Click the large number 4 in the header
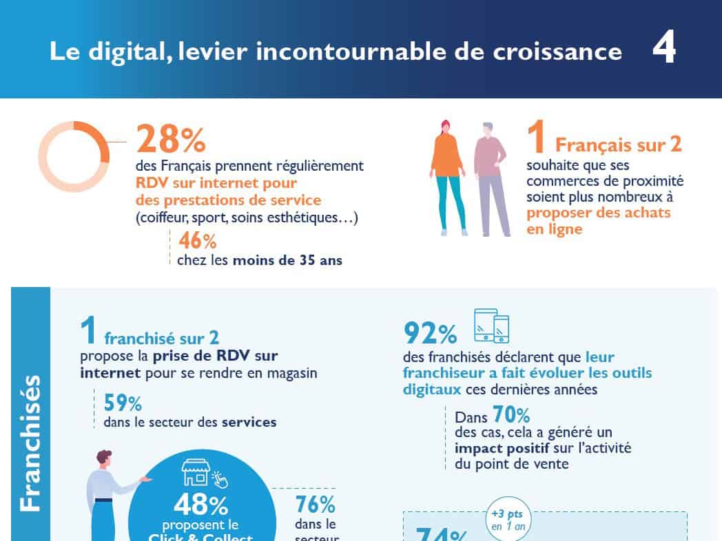tap(663, 51)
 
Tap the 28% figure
tap(171, 139)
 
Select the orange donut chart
tap(73, 157)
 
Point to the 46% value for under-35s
tap(197, 240)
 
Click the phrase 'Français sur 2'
tap(618, 145)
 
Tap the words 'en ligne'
tap(554, 229)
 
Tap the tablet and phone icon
tap(492, 326)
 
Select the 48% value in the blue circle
tap(200, 505)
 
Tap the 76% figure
tap(315, 504)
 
